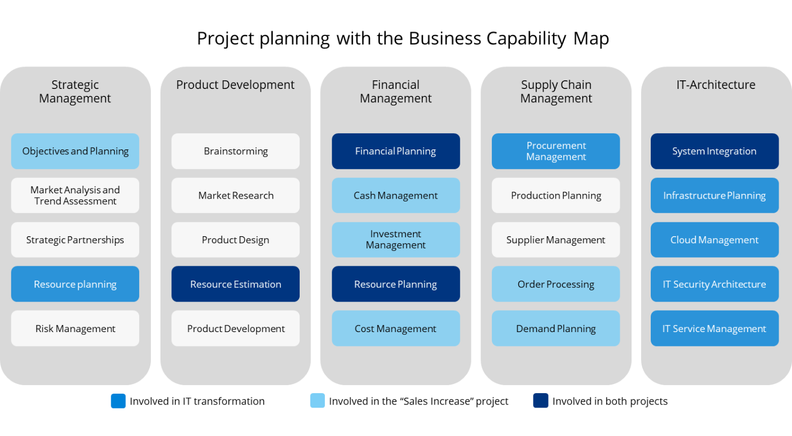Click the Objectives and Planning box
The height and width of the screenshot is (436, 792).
coord(75,151)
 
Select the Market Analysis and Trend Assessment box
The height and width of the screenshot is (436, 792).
coord(75,196)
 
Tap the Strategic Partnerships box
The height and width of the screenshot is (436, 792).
coord(75,240)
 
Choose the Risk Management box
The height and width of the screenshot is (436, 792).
coord(75,328)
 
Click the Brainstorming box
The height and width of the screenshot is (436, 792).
coord(235,151)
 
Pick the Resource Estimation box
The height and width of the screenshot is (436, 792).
coord(235,284)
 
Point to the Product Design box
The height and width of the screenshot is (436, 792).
coord(235,240)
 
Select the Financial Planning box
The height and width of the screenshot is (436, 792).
coord(395,151)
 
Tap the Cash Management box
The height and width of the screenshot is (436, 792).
coord(395,196)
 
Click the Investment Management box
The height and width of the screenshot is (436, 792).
coord(395,239)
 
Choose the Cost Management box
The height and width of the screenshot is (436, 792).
coord(395,328)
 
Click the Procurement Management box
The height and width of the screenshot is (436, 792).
coord(556,151)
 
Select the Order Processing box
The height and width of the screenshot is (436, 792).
coord(556,284)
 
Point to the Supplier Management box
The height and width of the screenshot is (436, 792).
coord(556,240)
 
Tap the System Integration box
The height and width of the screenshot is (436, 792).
coord(714,151)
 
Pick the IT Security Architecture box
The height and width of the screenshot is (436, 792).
coord(714,284)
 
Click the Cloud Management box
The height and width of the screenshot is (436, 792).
coord(714,240)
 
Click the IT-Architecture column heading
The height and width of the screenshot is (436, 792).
coord(716,85)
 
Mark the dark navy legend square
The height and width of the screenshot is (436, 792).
coord(540,401)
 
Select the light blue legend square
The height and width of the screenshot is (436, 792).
coord(317,401)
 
